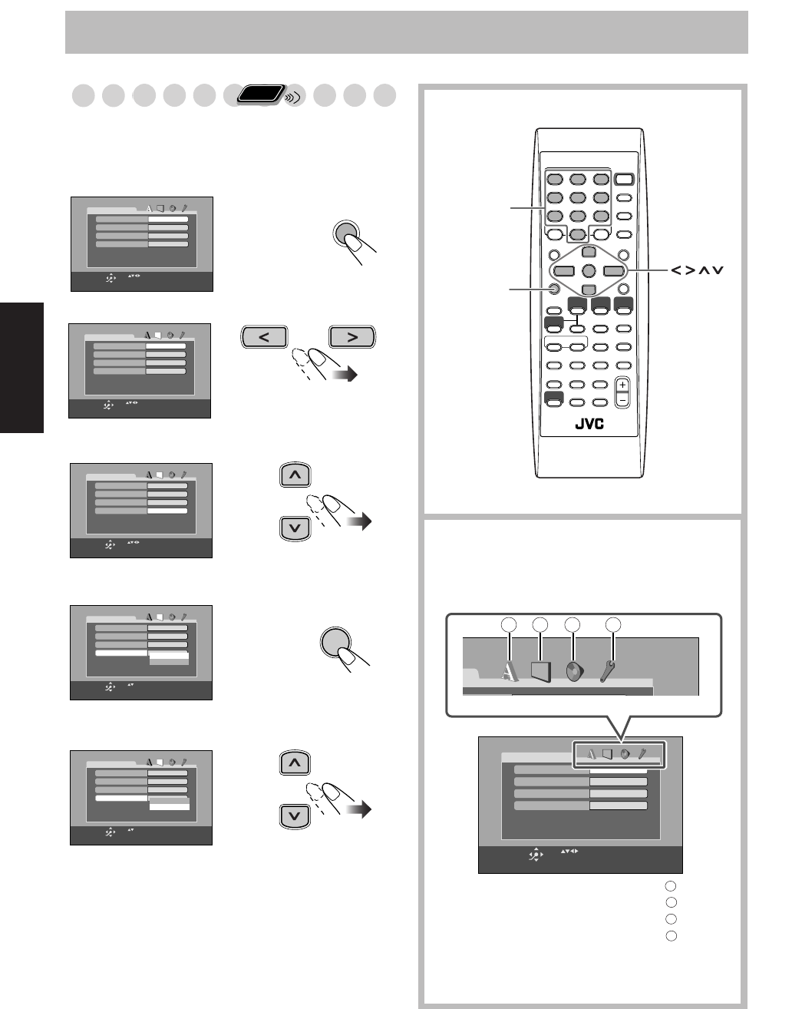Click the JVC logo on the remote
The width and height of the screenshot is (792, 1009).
pyautogui.click(x=589, y=425)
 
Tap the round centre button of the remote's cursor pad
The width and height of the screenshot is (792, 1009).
pyautogui.click(x=589, y=270)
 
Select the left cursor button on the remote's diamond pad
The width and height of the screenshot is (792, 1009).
pyautogui.click(x=563, y=270)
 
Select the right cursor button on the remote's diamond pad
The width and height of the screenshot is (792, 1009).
pyautogui.click(x=614, y=270)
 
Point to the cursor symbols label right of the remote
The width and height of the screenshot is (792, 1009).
pyautogui.click(x=696, y=270)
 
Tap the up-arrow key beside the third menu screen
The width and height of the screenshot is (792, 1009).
pyautogui.click(x=295, y=476)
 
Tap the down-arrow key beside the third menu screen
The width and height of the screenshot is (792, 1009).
pyautogui.click(x=295, y=528)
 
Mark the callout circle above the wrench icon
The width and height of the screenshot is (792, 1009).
pyautogui.click(x=612, y=626)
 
